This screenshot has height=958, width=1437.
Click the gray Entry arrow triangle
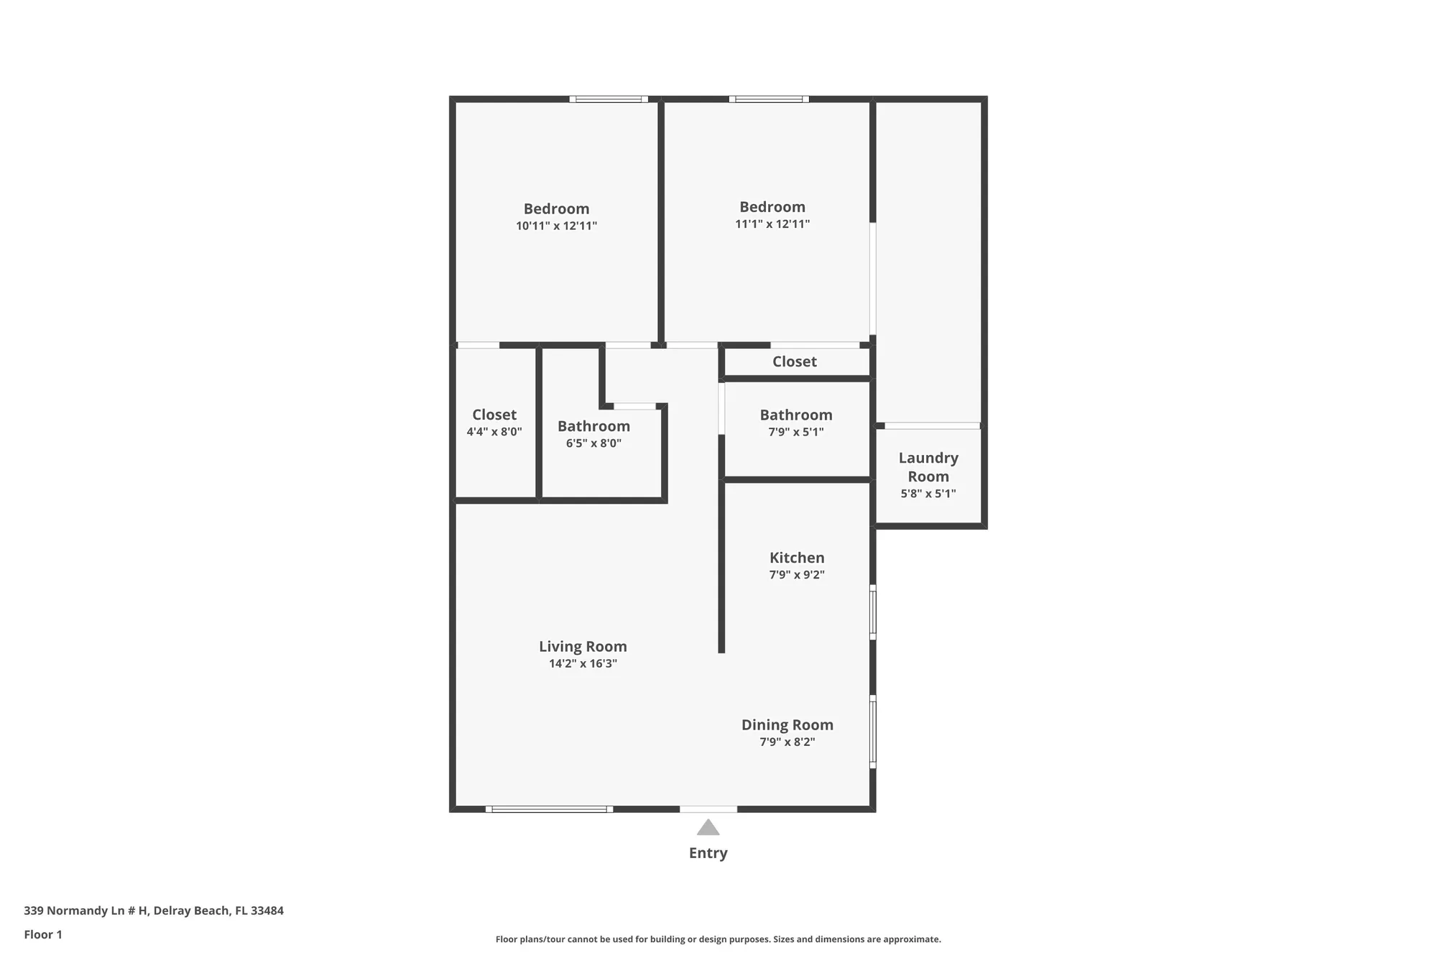point(708,828)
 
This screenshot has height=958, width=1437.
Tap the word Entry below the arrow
point(708,853)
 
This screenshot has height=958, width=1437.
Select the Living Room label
point(583,646)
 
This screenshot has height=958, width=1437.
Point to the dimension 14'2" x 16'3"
point(583,663)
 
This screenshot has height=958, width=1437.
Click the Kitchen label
point(797,558)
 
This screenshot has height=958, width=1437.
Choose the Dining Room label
point(787,724)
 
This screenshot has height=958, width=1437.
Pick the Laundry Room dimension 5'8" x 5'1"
point(928,494)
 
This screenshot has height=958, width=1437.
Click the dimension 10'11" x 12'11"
point(556,226)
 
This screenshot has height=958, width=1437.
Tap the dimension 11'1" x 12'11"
point(772,224)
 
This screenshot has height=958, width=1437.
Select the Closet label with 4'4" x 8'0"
point(494,415)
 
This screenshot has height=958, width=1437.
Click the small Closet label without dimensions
point(794,361)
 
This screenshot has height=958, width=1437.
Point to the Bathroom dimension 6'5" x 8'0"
point(593,443)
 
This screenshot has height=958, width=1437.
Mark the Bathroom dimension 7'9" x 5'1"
point(796,432)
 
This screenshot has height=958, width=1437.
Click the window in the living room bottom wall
point(550,809)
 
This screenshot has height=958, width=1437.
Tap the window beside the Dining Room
point(873,732)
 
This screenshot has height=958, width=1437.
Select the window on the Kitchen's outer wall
point(873,613)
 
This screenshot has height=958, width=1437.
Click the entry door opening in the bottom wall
point(708,809)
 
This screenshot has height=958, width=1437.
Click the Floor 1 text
point(43,934)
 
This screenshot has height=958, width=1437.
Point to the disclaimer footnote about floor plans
point(718,939)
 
